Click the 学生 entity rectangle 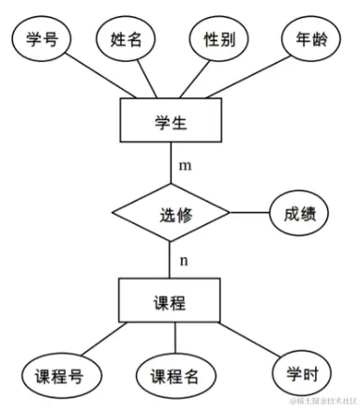[x=170, y=121]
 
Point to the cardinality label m [x=185, y=166]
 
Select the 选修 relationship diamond [x=170, y=215]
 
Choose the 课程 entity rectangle [x=170, y=302]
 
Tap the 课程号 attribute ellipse [x=59, y=377]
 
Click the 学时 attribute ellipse [x=302, y=373]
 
